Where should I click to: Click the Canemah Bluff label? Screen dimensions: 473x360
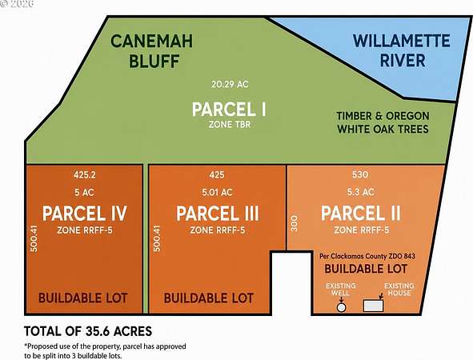152,51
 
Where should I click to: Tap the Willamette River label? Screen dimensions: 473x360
402,50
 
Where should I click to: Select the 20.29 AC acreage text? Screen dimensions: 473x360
230,84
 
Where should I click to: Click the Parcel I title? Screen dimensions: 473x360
229,109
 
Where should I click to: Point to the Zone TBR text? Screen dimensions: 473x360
230,125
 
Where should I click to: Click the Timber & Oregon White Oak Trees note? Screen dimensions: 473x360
383,122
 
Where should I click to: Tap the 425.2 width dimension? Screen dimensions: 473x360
85,174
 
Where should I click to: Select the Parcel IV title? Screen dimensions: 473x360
85,214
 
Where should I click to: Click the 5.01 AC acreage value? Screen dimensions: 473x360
217,192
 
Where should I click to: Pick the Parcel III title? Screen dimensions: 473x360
218,214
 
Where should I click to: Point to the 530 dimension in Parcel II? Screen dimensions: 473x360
360,174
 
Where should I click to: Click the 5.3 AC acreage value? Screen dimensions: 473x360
360,192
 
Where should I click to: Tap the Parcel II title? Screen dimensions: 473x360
361,213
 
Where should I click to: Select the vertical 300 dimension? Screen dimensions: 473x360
295,223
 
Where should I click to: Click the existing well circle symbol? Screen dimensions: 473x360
341,307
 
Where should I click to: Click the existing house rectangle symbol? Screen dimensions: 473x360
374,306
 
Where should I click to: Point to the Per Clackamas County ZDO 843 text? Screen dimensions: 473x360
367,256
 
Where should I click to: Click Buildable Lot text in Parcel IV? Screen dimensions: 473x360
83,298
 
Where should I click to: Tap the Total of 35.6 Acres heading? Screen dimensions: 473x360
88,331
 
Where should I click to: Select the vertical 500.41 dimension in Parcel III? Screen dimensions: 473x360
157,238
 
